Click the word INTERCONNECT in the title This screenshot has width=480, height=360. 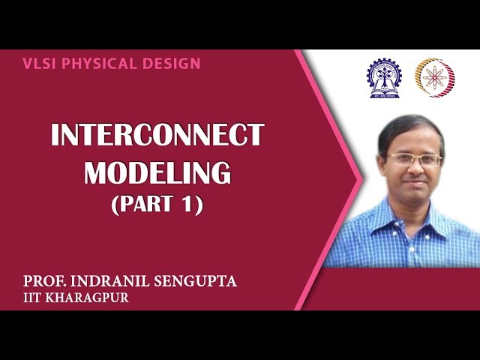coord(157,136)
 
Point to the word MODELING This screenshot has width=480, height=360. coord(157,172)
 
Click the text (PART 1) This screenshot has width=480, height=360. coord(157,204)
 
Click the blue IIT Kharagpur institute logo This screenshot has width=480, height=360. coord(382,78)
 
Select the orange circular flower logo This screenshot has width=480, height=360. coord(435,77)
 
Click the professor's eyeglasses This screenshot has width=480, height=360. coord(414,160)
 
